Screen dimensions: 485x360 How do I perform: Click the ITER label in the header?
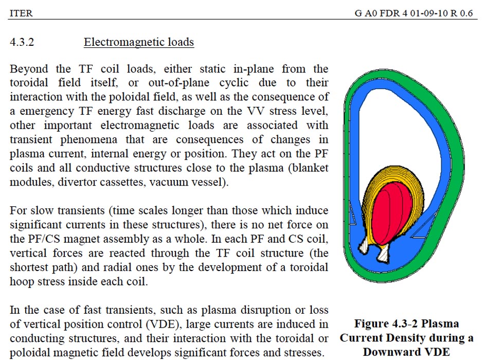tap(21, 13)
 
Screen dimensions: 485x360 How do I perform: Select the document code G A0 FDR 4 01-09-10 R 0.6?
tap(414, 13)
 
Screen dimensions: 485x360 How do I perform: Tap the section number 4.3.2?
tap(22, 42)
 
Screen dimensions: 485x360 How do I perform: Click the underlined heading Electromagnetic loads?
tap(139, 42)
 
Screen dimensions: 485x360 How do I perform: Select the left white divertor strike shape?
tap(364, 246)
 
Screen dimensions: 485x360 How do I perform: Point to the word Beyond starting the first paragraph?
tap(29, 69)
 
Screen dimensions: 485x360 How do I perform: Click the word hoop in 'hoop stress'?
tap(22, 282)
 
